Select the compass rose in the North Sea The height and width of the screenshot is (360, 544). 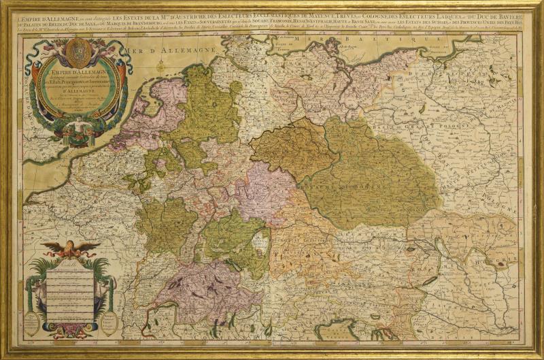pyautogui.click(x=161, y=66)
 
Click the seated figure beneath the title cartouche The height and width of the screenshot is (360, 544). pyautogui.click(x=80, y=128)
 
